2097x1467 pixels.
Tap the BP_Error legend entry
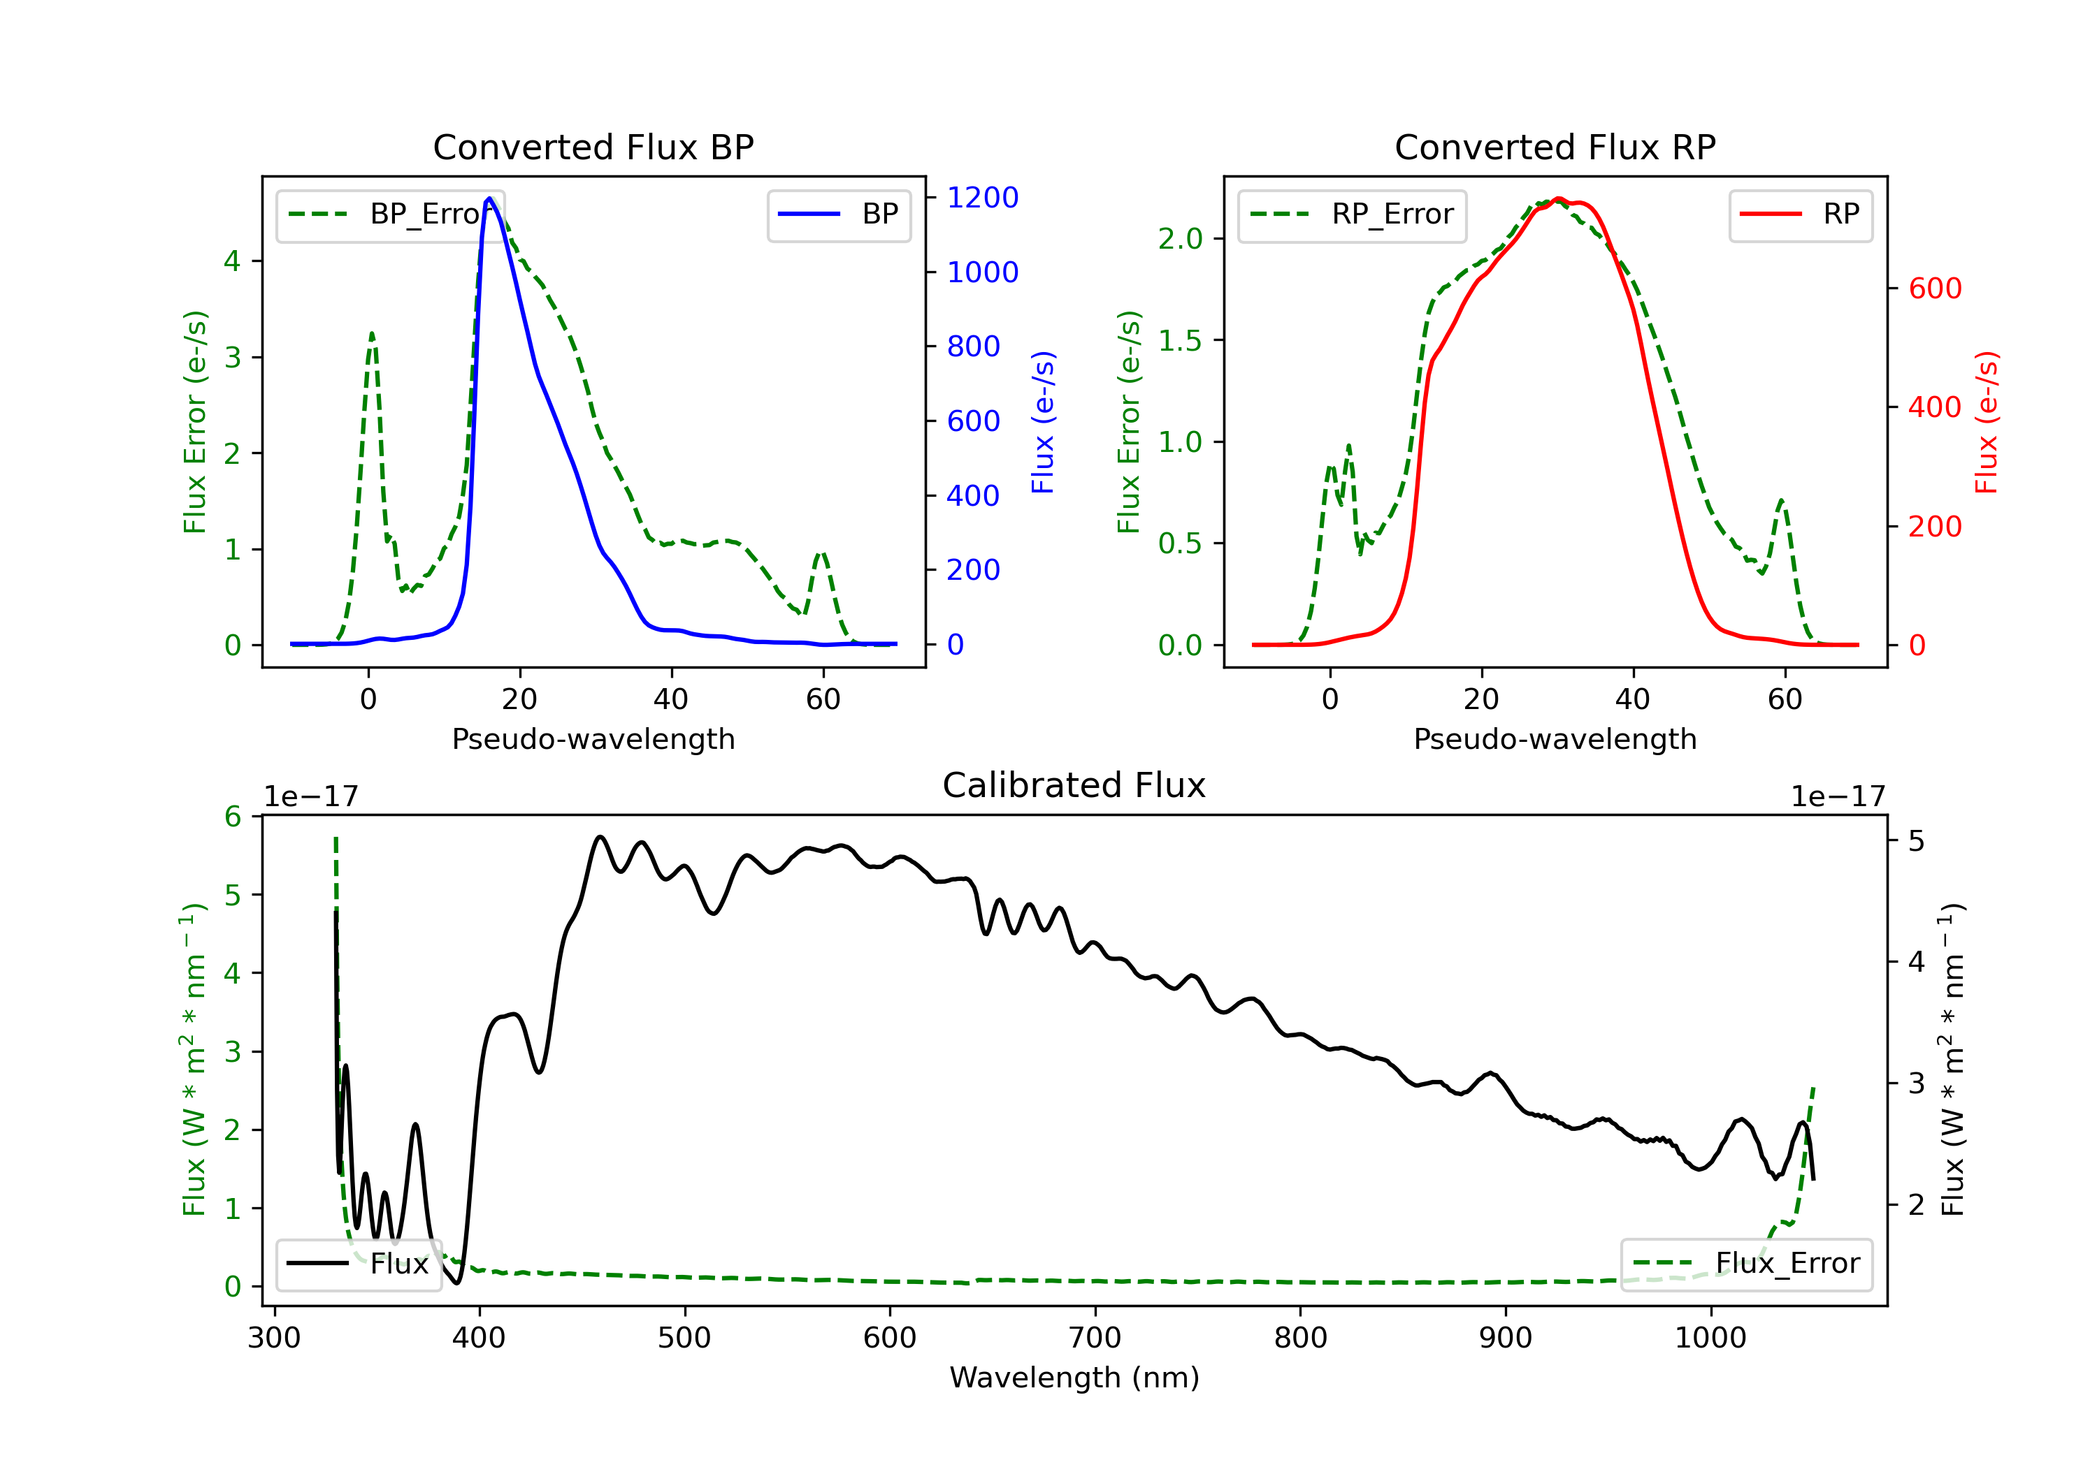[x=391, y=215]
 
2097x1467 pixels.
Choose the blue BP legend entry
[x=838, y=215]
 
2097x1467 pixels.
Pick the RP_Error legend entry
[x=1352, y=215]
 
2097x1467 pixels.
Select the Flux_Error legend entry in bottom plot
[x=1745, y=1264]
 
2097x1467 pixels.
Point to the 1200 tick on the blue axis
[x=982, y=198]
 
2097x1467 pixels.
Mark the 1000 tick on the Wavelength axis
[x=1710, y=1338]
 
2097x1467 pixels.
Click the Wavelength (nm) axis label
[x=1074, y=1378]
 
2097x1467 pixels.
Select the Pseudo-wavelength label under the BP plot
[x=593, y=739]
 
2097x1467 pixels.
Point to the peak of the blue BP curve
[x=489, y=199]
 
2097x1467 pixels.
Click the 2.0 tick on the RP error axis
[x=1180, y=239]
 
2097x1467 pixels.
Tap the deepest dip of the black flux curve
[x=456, y=1283]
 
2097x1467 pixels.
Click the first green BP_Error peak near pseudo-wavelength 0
[x=372, y=334]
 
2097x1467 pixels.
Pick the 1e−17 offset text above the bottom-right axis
[x=1838, y=797]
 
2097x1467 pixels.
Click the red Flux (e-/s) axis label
[x=1987, y=423]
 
